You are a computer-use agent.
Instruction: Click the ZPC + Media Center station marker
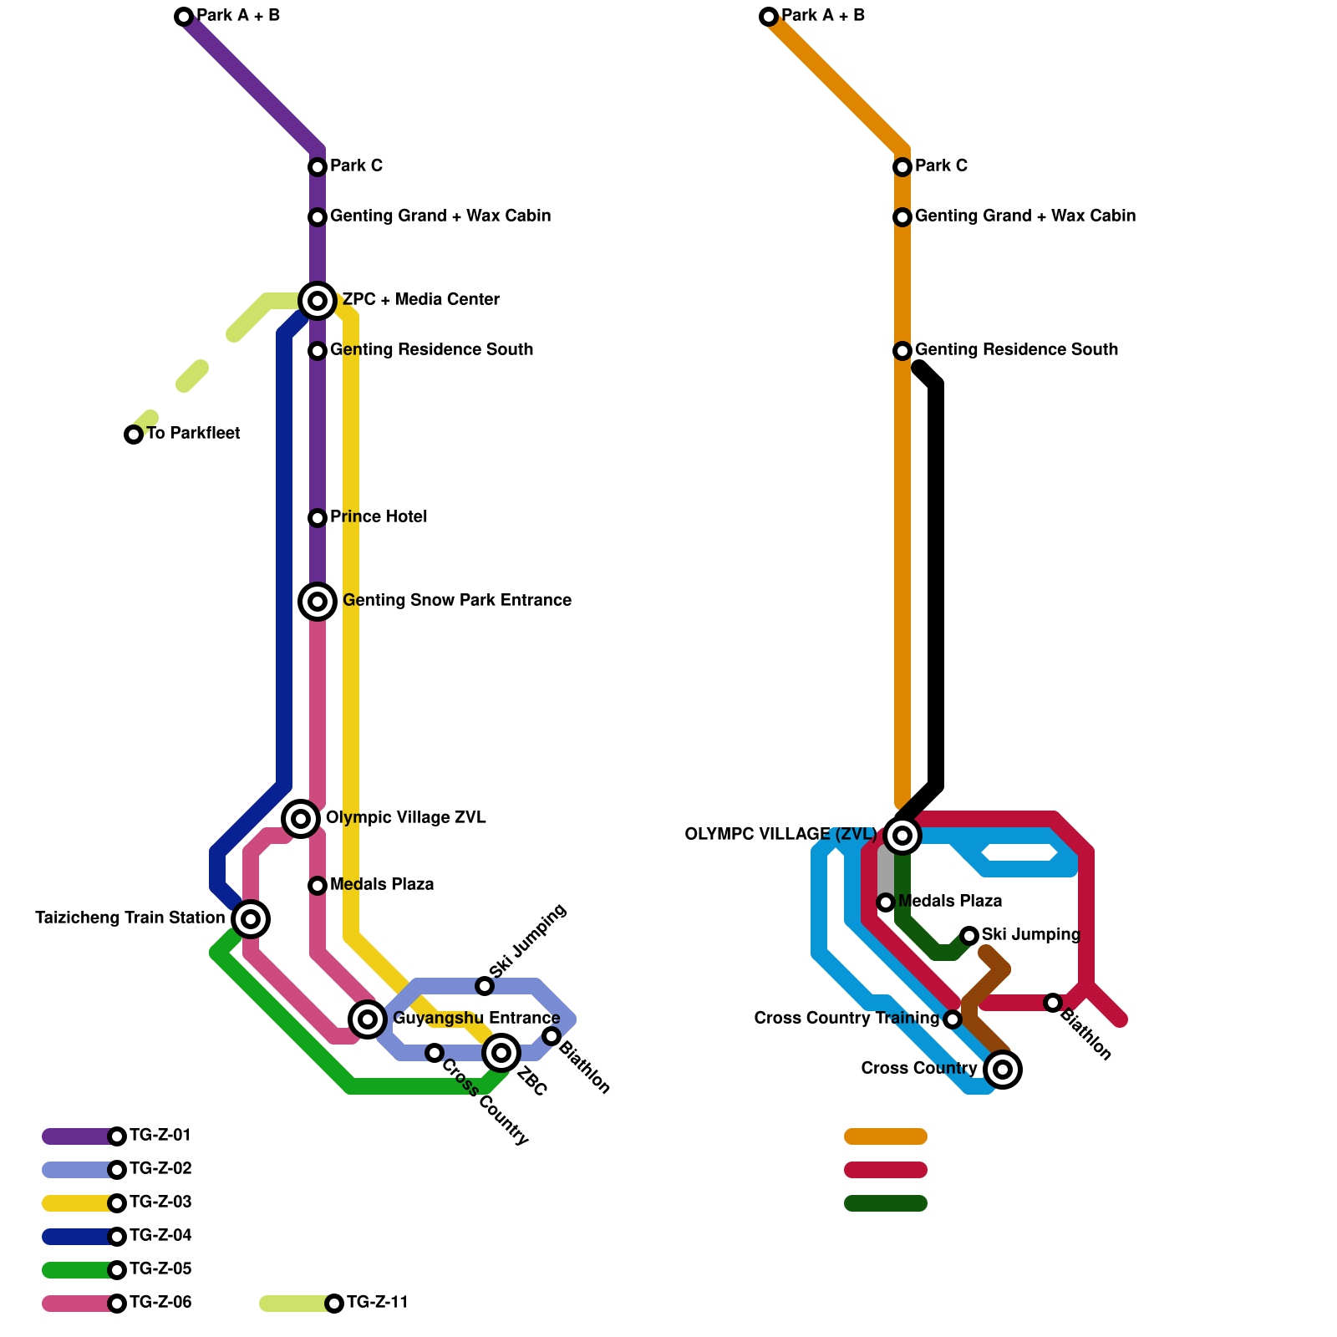pos(318,301)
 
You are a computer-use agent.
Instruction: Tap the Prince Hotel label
pos(379,517)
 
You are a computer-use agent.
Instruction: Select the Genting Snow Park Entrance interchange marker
pos(318,602)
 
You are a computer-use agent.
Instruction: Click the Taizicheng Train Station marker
pos(251,919)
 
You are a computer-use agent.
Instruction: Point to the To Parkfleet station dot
pos(134,435)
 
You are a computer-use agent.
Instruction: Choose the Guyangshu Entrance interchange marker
pos(368,1019)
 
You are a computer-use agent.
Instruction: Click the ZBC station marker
pos(501,1053)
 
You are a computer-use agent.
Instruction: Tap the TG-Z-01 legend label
pos(160,1136)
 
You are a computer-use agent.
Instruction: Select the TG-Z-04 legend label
pos(160,1236)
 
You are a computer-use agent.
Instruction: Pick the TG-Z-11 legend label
pos(378,1303)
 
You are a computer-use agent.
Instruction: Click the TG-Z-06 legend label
pos(160,1303)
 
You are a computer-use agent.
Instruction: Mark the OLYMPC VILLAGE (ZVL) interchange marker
pos(902,836)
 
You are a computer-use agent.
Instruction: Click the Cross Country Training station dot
pos(953,1019)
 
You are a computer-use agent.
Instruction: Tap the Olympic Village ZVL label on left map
pos(406,818)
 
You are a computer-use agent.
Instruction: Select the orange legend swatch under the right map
pos(886,1136)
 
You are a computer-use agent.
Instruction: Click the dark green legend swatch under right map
pos(886,1203)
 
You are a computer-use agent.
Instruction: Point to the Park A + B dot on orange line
pos(769,17)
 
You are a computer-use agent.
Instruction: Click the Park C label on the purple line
pos(356,166)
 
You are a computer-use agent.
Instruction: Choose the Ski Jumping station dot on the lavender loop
pos(485,986)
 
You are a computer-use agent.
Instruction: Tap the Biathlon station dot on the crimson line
pos(1053,1003)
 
